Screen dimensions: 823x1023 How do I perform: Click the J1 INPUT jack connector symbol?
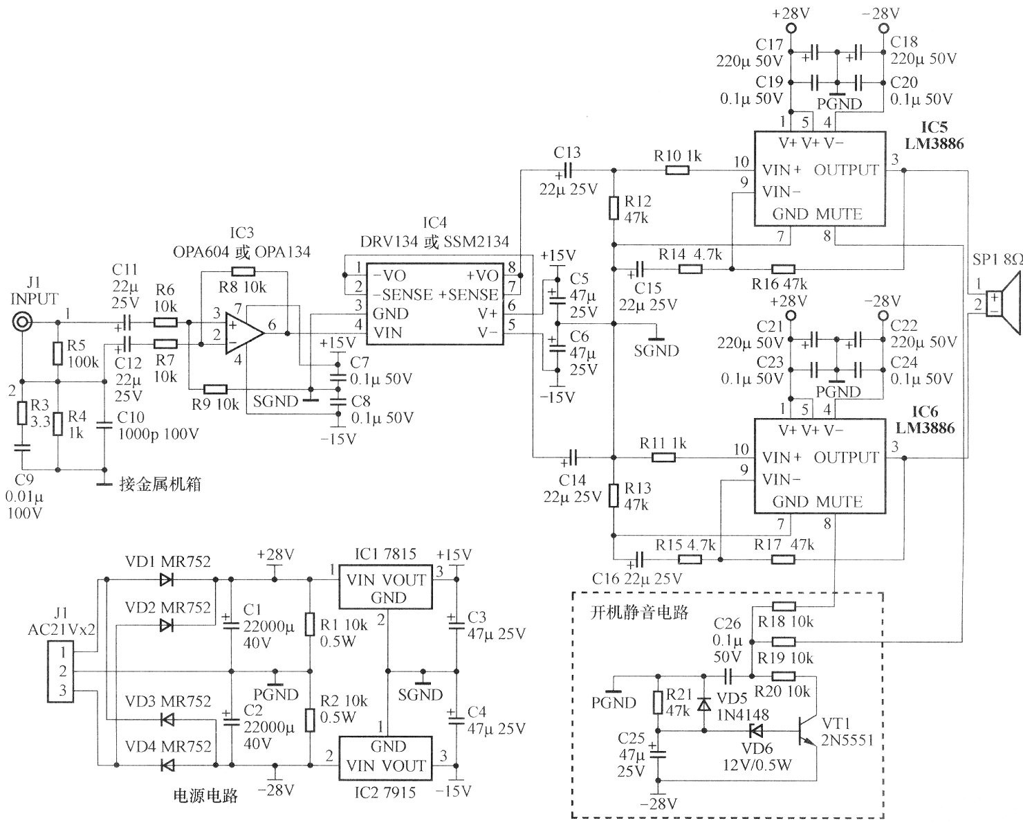click(x=23, y=323)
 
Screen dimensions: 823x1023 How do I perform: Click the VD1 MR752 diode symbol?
click(x=167, y=580)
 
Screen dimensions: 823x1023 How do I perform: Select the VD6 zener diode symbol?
click(x=757, y=730)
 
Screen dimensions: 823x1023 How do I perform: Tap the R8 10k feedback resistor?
click(x=243, y=271)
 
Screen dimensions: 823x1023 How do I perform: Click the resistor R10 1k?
click(x=678, y=170)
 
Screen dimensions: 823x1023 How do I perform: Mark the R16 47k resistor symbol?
click(x=783, y=269)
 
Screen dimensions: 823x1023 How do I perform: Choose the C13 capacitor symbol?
click(x=569, y=170)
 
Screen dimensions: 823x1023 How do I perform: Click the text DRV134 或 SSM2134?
click(x=434, y=242)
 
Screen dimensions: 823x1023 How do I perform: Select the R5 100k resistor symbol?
click(x=58, y=354)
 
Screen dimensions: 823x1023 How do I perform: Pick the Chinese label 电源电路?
click(x=205, y=796)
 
